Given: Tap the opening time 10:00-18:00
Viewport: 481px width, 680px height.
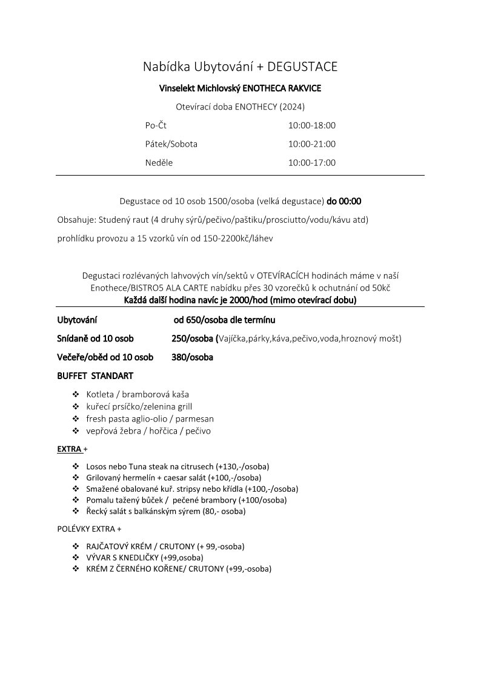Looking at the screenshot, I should point(311,125).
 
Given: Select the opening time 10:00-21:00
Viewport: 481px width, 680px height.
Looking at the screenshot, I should point(311,144).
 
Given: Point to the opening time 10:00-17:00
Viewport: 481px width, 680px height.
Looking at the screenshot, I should point(311,162).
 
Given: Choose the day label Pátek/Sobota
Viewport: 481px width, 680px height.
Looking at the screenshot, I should point(171,144).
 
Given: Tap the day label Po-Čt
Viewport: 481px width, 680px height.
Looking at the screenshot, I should point(156,125).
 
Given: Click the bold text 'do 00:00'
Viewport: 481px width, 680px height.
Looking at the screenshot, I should point(344,201).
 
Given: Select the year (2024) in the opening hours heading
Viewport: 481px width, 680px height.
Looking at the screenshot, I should point(291,107).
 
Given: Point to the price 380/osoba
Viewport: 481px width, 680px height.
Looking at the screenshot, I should point(192,357).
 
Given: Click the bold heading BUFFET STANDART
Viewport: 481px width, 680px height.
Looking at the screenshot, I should point(95,376).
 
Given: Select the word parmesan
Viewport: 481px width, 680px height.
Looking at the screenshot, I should point(194,418).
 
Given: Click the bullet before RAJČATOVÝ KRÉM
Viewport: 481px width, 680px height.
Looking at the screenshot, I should point(76,546).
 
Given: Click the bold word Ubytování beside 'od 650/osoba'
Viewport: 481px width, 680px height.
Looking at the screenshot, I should point(78,320).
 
